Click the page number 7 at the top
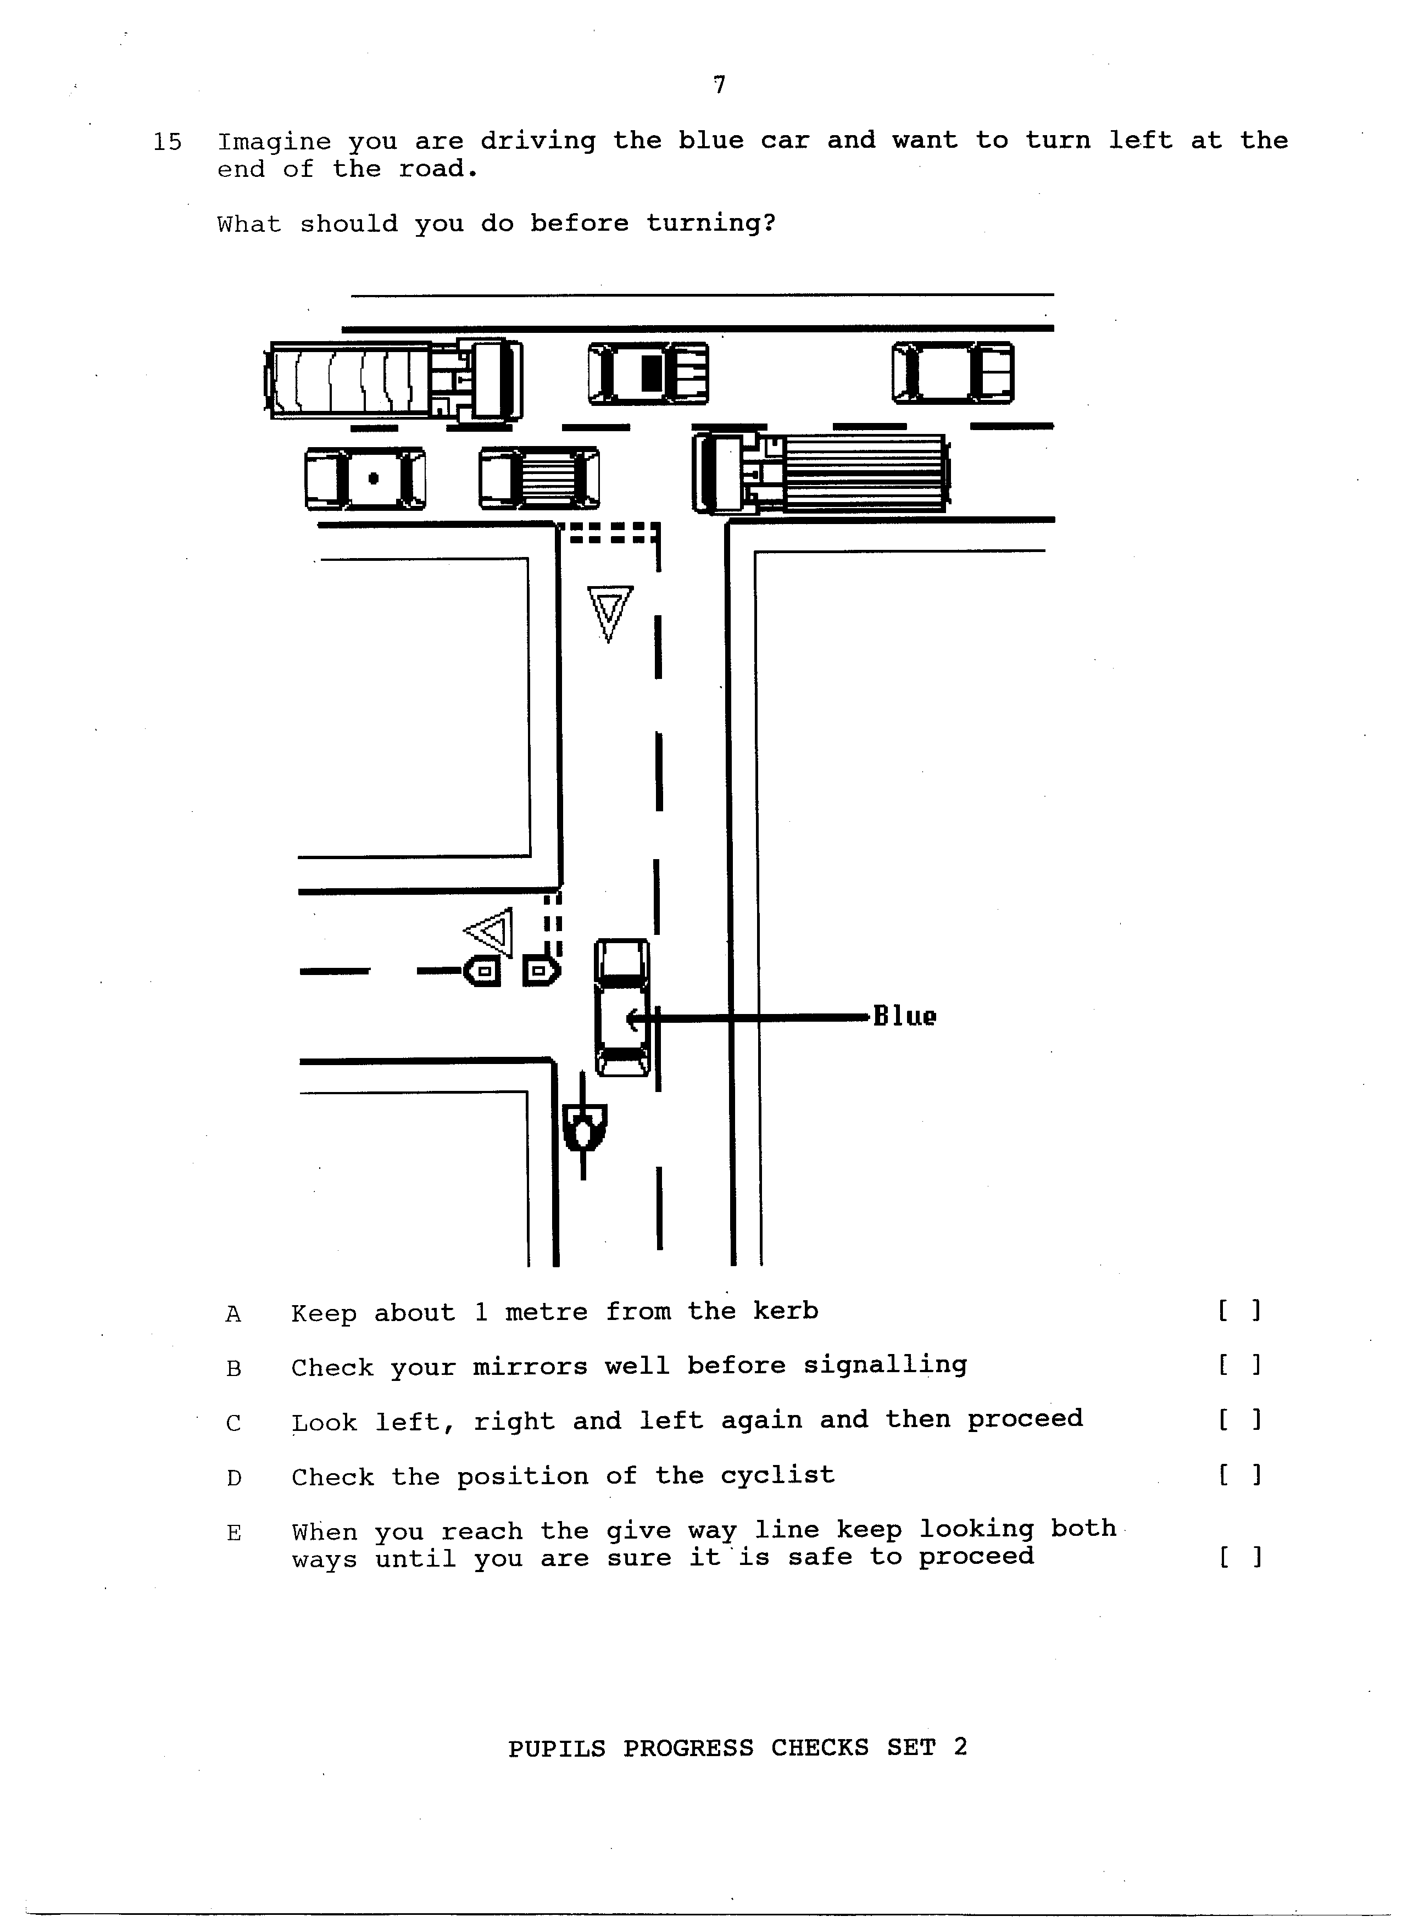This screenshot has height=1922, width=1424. click(x=720, y=85)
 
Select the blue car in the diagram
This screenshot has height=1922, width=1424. click(x=622, y=1007)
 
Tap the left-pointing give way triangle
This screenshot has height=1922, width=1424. click(x=489, y=932)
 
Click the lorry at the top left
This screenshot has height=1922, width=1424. click(x=393, y=380)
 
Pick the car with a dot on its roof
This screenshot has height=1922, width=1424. click(x=365, y=478)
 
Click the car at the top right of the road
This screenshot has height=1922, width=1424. click(x=953, y=373)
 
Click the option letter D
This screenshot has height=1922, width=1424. click(x=233, y=1478)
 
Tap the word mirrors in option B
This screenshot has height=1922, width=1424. click(x=527, y=1366)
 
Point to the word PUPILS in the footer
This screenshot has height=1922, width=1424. click(x=556, y=1748)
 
